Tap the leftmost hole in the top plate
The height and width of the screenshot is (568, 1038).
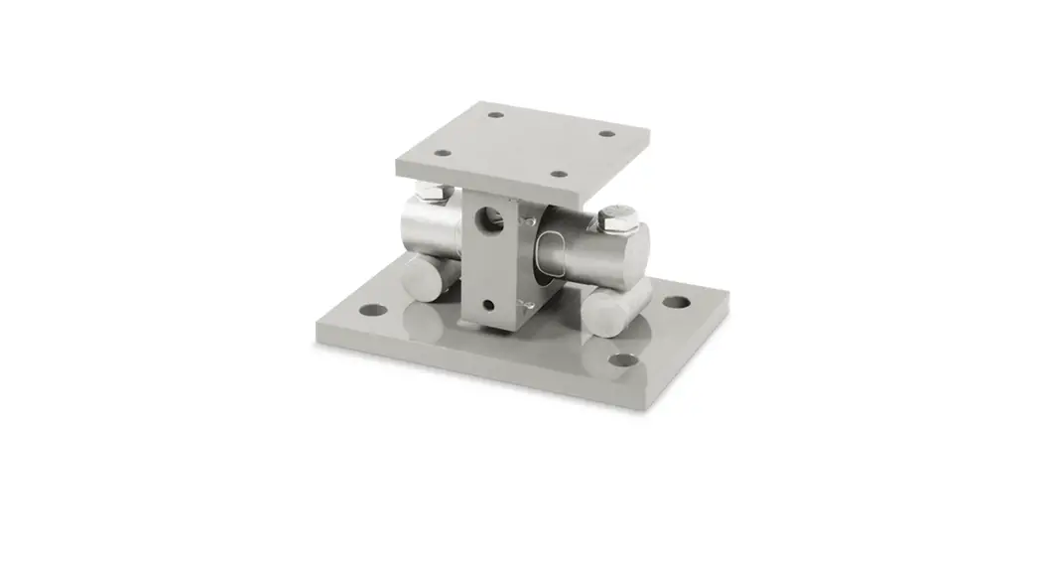point(443,154)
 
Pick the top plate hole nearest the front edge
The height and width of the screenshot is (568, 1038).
point(560,175)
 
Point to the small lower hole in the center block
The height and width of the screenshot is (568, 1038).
point(487,303)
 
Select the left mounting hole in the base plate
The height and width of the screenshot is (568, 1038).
point(372,309)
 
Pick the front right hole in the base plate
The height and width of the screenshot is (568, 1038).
point(622,359)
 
